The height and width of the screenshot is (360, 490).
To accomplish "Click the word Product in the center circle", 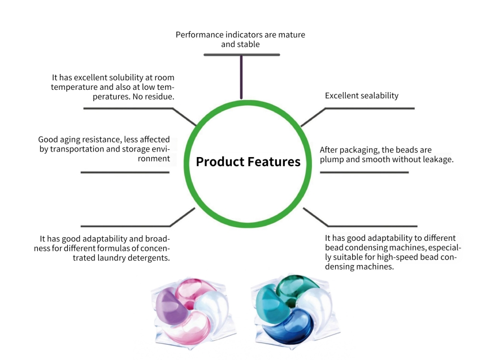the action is click(x=220, y=162).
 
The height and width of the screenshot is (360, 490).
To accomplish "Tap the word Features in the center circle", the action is click(x=274, y=162).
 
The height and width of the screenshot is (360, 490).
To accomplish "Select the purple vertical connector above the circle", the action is click(x=241, y=77).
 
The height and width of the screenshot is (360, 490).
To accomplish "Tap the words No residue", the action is click(x=153, y=97).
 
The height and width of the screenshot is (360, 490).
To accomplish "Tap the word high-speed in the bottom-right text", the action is click(x=397, y=257).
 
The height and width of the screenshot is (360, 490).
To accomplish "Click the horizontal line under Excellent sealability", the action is click(x=370, y=109).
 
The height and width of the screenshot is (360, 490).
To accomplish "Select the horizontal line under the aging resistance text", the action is click(x=125, y=172).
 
